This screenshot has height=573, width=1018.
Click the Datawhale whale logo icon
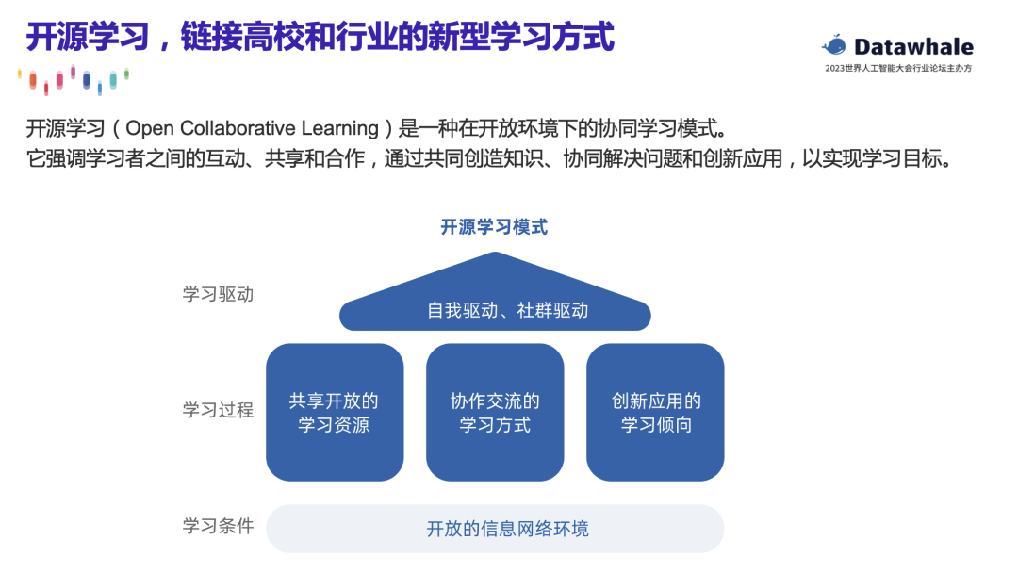[x=834, y=44]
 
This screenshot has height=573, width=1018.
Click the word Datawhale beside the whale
[x=913, y=46]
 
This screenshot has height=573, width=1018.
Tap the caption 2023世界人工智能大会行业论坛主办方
[x=898, y=69]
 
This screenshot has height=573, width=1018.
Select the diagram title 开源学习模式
[x=494, y=227]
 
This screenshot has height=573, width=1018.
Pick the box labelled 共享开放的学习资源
[x=335, y=413]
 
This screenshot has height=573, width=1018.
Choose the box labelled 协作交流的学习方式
[x=495, y=413]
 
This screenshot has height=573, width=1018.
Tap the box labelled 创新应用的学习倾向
[x=656, y=413]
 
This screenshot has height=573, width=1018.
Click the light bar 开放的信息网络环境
[x=495, y=529]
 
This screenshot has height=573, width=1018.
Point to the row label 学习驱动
[x=218, y=294]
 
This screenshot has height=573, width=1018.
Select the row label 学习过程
[x=218, y=410]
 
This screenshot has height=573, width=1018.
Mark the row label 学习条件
[x=218, y=526]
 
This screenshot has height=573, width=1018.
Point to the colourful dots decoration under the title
[x=74, y=80]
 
